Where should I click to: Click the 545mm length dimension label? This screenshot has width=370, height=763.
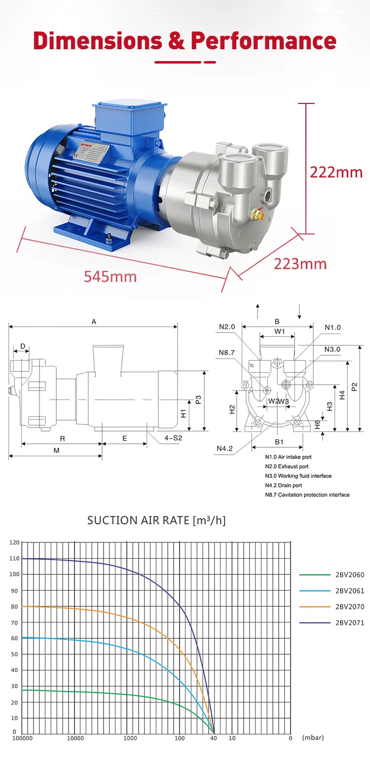click(110, 276)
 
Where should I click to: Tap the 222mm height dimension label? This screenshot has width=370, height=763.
click(336, 172)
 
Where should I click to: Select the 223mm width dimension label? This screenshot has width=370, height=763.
click(300, 264)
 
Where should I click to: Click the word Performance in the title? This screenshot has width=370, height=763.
click(263, 41)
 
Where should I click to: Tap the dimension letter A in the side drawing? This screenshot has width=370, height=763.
click(94, 322)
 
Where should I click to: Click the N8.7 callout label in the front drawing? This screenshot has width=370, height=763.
click(227, 352)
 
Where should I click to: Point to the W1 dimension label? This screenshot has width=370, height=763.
click(280, 332)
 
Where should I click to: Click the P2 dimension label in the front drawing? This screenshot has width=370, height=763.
click(355, 387)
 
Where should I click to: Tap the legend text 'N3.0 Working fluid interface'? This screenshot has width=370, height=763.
click(298, 476)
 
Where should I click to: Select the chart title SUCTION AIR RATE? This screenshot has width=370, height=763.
click(156, 520)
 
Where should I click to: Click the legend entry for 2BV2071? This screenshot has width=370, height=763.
click(349, 623)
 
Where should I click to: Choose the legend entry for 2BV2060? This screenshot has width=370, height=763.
click(349, 575)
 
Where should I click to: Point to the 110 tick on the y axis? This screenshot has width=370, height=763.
click(14, 559)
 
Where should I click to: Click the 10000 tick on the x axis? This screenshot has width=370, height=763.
click(75, 738)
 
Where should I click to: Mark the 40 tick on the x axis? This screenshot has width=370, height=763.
click(213, 738)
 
